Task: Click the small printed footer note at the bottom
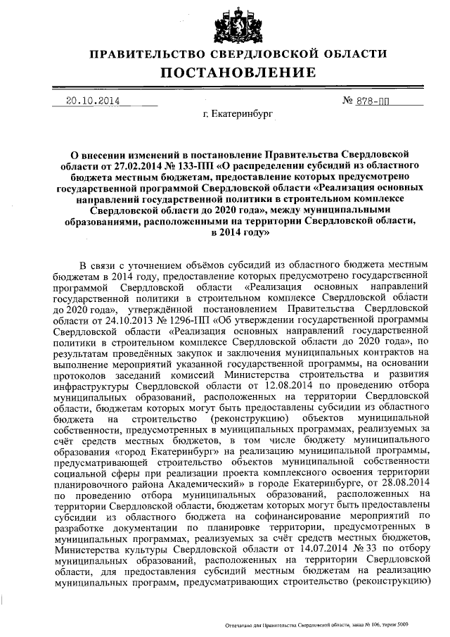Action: click(x=314, y=624)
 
